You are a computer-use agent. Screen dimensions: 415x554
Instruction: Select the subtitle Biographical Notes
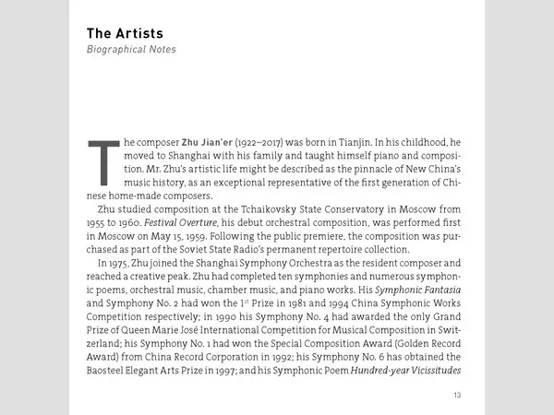tap(131, 50)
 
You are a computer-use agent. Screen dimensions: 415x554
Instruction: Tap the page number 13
tap(457, 396)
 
